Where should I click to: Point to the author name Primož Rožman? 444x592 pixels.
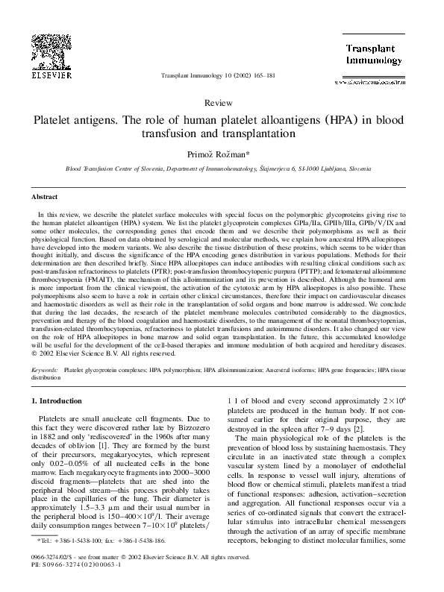[x=222, y=154]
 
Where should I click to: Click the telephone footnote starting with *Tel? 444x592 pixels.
[x=88, y=539]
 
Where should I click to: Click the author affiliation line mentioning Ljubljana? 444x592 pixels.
[x=222, y=169]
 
